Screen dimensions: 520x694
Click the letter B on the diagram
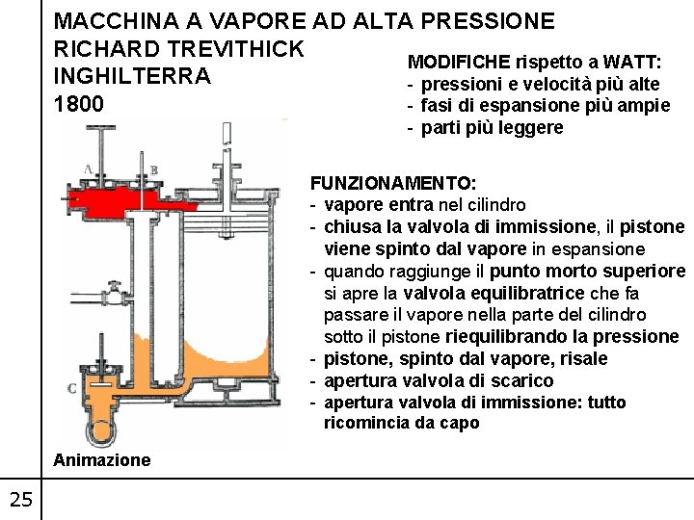[153, 170]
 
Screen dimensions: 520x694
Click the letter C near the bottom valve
[72, 388]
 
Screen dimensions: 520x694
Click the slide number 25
[20, 498]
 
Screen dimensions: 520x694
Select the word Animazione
[102, 460]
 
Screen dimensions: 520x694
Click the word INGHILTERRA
[132, 76]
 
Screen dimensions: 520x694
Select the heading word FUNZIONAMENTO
[390, 183]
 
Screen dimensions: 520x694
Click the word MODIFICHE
[459, 63]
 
